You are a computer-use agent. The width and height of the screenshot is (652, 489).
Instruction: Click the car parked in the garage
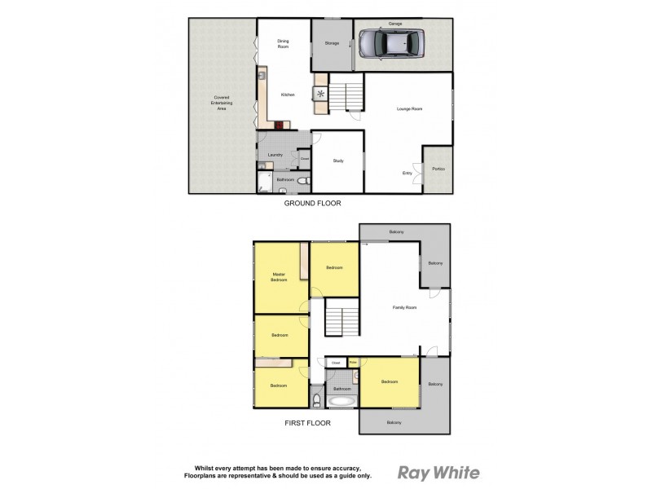[391, 44]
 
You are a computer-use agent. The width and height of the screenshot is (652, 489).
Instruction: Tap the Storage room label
[332, 43]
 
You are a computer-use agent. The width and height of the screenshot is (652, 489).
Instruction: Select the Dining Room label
[284, 43]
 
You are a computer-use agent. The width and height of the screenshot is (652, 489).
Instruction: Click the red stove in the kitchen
[280, 126]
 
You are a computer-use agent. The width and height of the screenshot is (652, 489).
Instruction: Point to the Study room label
[337, 161]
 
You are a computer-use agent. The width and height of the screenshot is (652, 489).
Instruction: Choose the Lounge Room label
[408, 108]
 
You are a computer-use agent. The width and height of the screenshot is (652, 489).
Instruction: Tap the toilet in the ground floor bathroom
[302, 181]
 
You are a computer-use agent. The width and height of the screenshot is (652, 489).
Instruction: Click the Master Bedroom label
[280, 276]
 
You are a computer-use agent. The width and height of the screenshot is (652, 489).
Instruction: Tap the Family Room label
[404, 307]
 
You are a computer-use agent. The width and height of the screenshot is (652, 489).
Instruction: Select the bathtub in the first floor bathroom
[341, 400]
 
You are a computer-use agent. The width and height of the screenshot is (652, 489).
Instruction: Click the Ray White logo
[437, 472]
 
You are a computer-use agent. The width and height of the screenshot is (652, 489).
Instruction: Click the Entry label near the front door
[407, 172]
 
